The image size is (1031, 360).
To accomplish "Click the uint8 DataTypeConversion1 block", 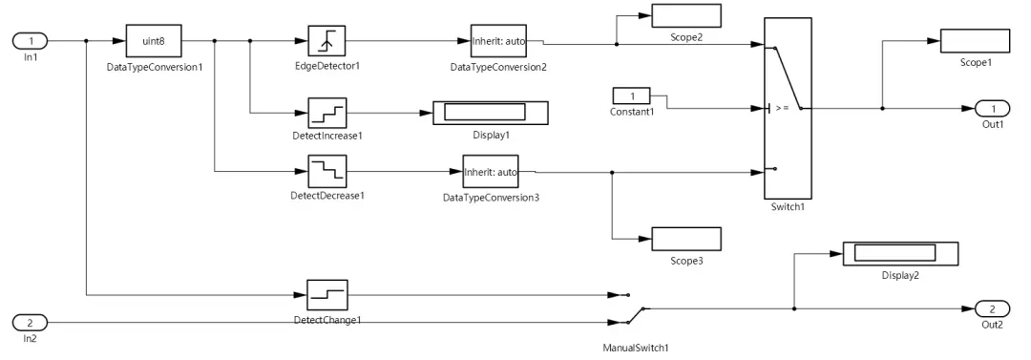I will pos(154,41).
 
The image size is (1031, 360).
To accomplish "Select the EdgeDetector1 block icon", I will pos(326,41).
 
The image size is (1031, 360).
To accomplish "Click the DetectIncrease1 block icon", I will pos(326,113).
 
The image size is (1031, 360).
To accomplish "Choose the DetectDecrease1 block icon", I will pos(326,172).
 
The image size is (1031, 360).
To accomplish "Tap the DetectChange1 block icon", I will pos(326,292).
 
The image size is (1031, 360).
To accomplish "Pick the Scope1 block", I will pos(975,41).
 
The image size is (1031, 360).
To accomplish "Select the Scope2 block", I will pos(685,16).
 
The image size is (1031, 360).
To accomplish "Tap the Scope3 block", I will pos(685,239).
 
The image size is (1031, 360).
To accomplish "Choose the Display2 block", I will pos(899,253).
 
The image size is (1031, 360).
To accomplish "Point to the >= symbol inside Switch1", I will pos(782,108).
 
